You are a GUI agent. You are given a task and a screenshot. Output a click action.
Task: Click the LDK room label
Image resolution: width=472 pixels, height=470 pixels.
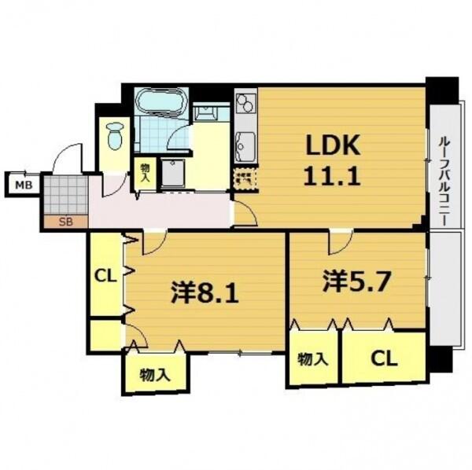333,145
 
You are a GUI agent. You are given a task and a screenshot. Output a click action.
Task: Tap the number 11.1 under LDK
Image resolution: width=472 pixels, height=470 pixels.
332,176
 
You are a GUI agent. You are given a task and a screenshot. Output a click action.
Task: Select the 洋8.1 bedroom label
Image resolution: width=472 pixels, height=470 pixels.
205,292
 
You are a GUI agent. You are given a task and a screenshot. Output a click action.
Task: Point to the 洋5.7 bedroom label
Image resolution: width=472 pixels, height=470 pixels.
356,281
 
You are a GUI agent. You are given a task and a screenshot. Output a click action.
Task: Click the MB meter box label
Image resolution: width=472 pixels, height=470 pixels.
24,185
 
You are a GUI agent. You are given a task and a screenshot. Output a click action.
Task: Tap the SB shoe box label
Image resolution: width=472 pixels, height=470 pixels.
65,222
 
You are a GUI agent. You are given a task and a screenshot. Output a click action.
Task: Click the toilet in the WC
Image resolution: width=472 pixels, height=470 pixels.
116,136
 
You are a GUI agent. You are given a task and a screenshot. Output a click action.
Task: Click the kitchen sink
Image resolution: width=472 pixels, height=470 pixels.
246,147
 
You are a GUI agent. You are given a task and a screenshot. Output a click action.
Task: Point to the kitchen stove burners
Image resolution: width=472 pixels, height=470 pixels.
246,103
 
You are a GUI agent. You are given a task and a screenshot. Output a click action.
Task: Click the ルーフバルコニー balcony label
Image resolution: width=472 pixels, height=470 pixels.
444,181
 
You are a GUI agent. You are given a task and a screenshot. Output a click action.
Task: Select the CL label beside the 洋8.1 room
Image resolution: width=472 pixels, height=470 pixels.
105,275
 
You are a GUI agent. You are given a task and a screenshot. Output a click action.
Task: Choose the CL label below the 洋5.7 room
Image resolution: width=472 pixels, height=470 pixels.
384,358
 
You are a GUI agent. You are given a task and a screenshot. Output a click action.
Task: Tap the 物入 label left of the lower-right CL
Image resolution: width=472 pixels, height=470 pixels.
313,359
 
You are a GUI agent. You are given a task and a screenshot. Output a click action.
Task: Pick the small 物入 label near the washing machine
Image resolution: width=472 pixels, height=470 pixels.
145,173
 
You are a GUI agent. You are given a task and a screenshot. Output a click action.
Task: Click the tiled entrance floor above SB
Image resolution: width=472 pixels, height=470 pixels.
66,195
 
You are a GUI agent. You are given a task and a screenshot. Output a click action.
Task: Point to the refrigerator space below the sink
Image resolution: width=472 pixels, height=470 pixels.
246,178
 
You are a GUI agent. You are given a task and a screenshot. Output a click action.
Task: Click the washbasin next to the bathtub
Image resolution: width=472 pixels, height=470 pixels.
206,113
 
